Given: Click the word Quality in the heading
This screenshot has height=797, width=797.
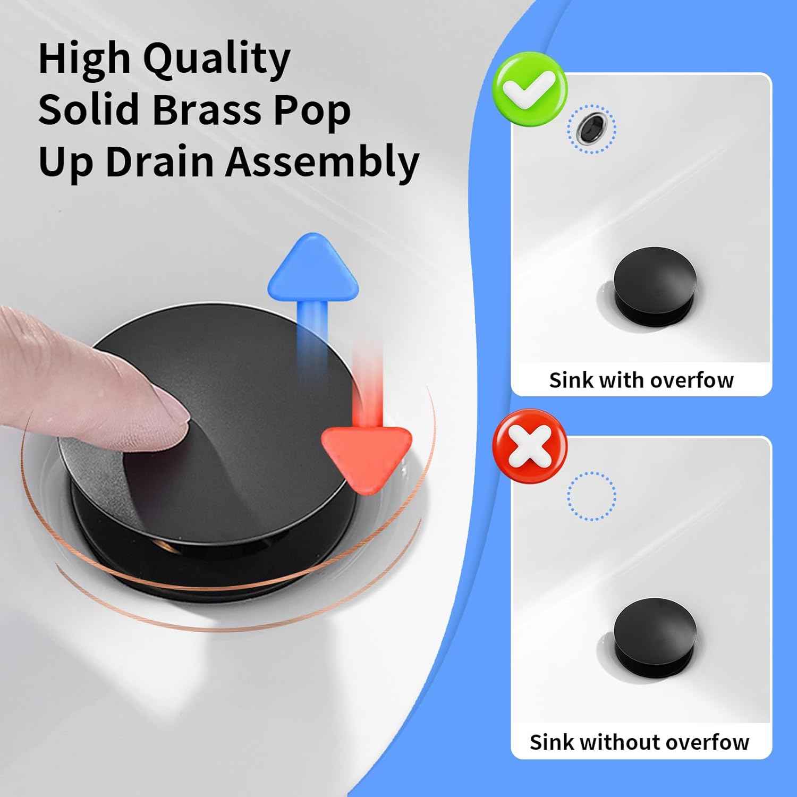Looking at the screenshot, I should click(217, 60).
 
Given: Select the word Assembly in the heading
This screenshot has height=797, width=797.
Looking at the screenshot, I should click(323, 162).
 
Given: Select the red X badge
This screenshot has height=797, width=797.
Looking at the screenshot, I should click(529, 446).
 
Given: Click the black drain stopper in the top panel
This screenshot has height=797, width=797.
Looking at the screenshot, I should click(655, 284).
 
